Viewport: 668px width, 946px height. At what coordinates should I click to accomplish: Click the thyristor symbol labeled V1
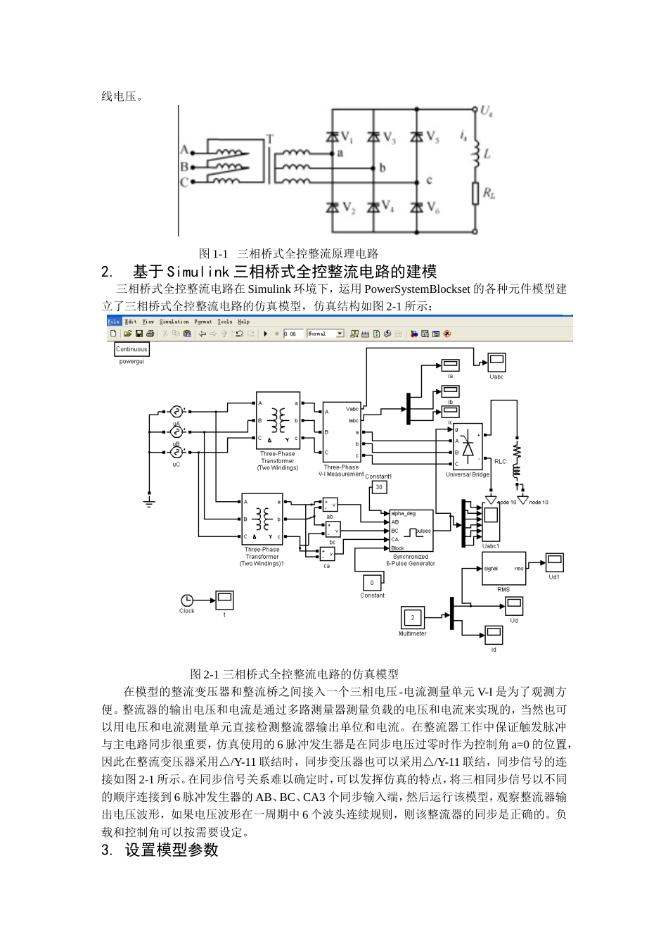point(333,137)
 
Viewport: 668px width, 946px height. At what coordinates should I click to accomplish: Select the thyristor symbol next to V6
point(417,208)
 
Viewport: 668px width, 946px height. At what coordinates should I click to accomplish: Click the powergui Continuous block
point(131,349)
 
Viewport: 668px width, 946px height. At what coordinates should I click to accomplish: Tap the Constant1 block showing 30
point(379,487)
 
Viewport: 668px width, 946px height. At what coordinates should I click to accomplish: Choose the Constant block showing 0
point(372,582)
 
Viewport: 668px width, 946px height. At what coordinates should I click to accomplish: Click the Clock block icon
point(187,600)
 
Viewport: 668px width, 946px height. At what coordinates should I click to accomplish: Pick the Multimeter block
point(413,617)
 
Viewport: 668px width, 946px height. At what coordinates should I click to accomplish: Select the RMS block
point(503,569)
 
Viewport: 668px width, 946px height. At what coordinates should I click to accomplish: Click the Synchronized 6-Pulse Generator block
point(411,530)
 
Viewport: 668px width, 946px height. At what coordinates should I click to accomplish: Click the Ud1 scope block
point(555,563)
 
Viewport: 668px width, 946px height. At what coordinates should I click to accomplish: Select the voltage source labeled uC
point(176,451)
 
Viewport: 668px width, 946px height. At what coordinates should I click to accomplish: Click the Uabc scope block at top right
point(496,362)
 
